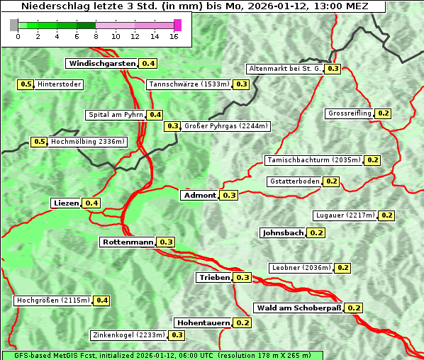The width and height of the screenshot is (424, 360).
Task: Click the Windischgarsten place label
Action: pos(102,64)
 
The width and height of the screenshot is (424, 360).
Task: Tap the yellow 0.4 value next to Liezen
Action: pos(91,203)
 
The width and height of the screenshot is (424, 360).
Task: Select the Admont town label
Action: pos(200,196)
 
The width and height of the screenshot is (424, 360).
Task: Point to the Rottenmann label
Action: pos(128,242)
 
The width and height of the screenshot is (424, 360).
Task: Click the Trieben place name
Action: pos(215,278)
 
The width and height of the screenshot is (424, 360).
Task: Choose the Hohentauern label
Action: pos(203,323)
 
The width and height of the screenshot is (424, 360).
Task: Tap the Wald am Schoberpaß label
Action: pos(299,308)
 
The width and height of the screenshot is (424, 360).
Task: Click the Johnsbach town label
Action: pos(283,233)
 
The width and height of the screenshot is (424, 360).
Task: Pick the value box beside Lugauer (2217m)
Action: pos(386,215)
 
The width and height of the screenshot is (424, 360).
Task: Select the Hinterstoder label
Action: pos(60,85)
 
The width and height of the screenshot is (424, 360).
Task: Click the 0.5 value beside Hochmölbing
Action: pos(39,142)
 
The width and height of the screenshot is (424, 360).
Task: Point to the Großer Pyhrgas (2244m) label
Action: pos(225,127)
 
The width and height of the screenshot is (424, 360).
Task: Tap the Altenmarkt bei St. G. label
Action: pos(284,69)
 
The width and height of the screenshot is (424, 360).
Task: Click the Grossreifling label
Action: pos(350,114)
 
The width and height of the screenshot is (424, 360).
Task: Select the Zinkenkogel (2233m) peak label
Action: pos(128,335)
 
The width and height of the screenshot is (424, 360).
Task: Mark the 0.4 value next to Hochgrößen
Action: pos(101,301)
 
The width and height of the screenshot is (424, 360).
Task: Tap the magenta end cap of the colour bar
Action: pos(177,25)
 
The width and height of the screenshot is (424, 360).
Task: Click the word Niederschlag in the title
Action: pos(48,6)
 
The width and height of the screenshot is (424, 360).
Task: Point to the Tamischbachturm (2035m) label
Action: pos(313,160)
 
